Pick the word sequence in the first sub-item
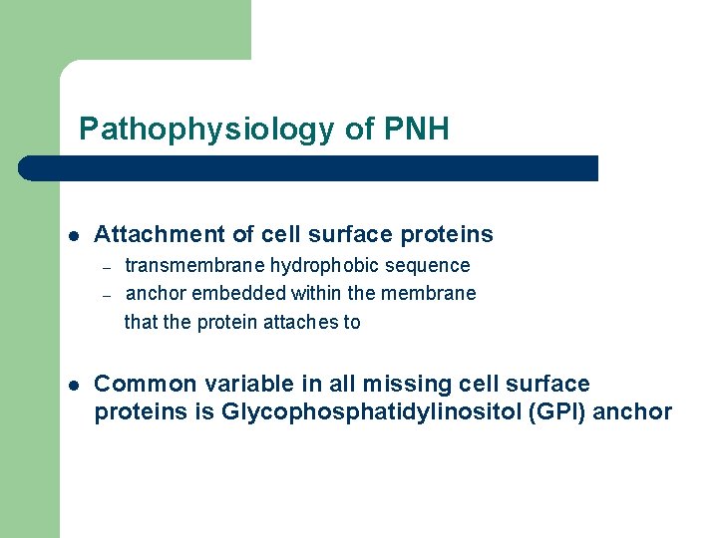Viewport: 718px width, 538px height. click(x=433, y=266)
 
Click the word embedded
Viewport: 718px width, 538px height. click(x=233, y=294)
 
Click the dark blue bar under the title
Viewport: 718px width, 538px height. click(x=309, y=168)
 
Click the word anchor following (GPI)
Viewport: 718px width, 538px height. click(x=632, y=412)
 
